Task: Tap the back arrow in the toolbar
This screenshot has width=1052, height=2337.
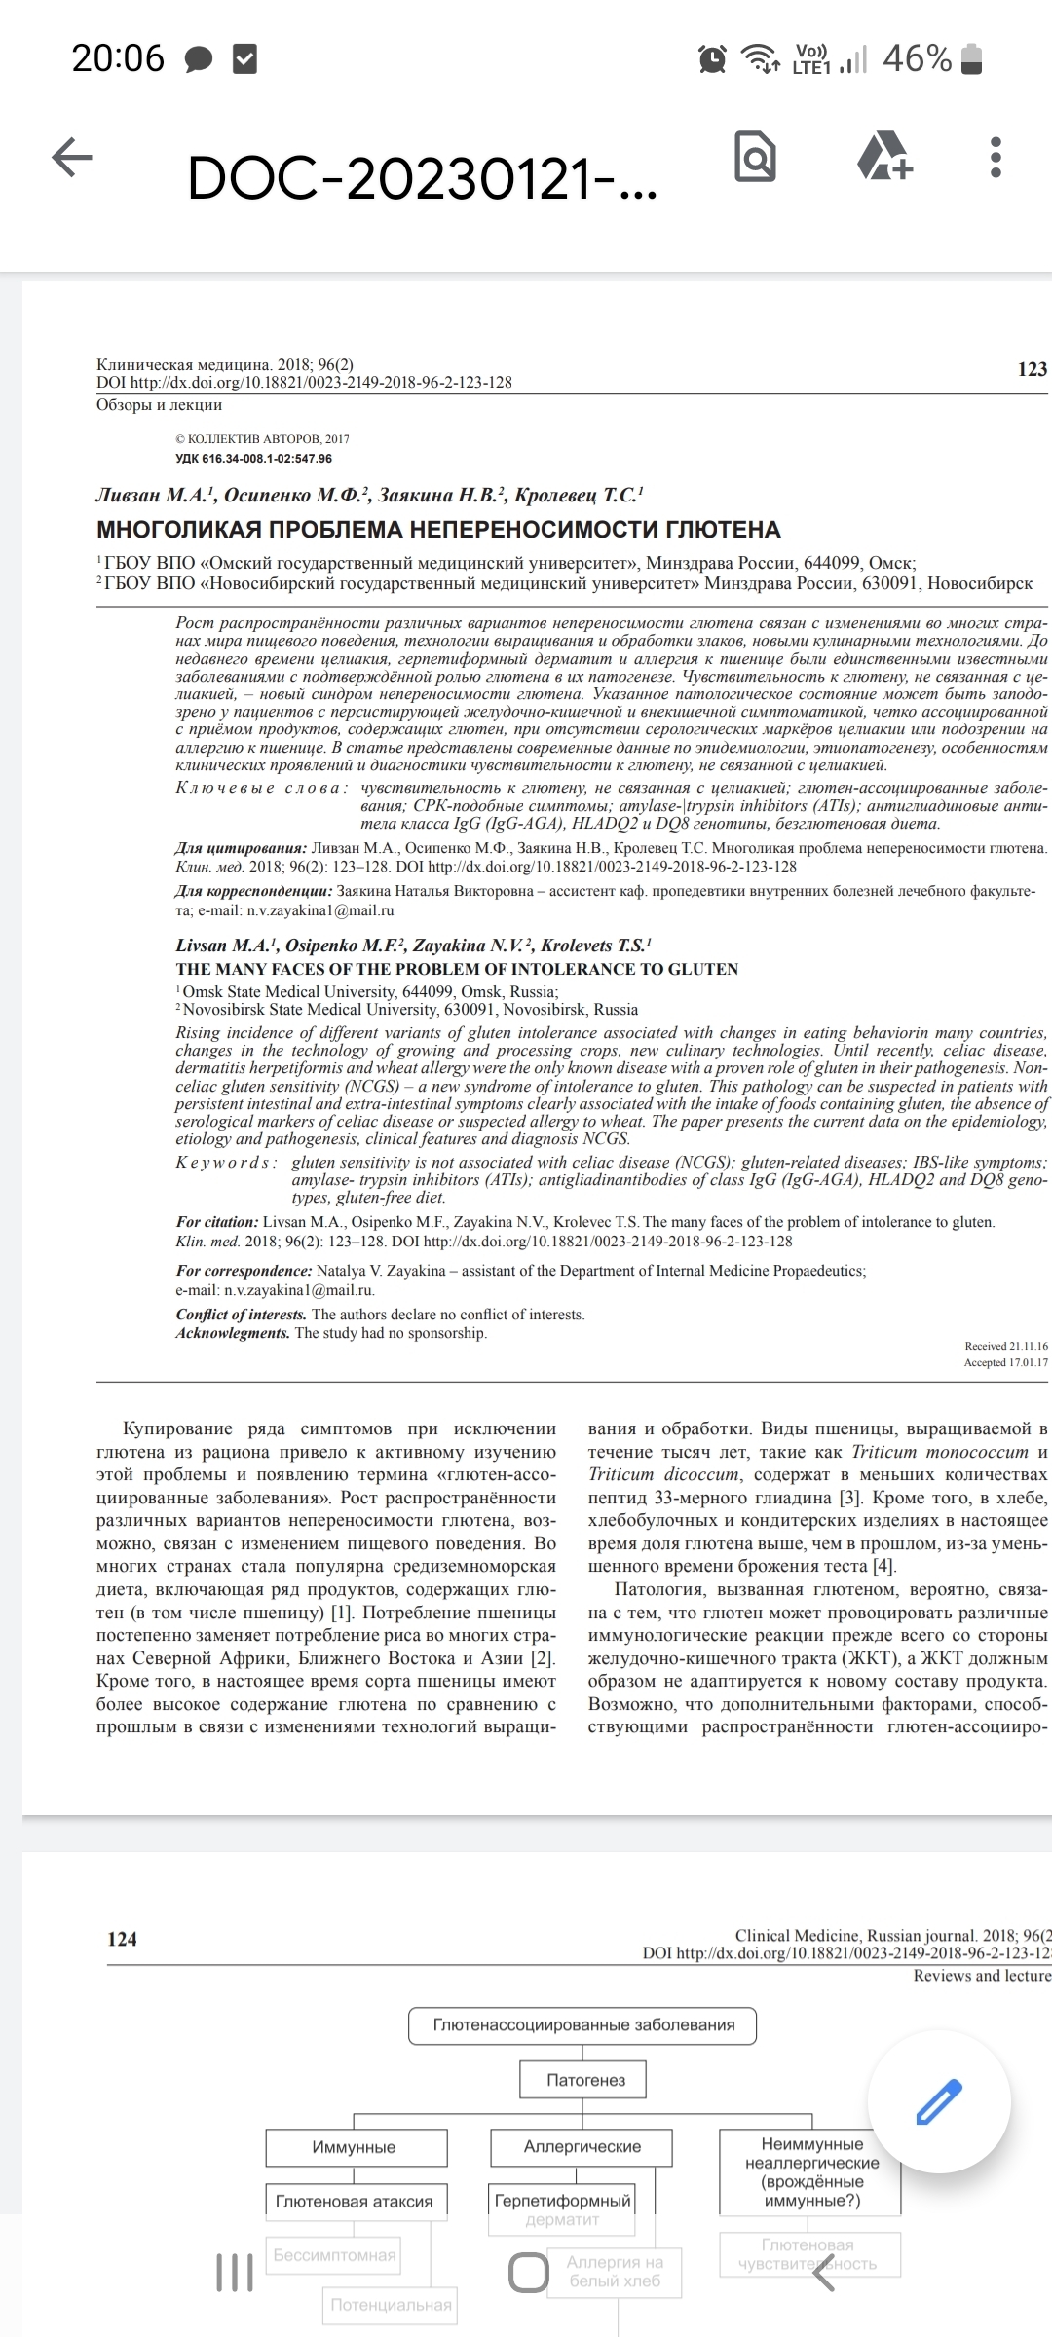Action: coord(72,158)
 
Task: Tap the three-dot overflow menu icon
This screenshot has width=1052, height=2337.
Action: coord(995,157)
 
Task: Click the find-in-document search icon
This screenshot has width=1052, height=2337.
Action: coord(755,156)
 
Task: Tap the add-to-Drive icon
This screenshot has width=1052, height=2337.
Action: coord(884,157)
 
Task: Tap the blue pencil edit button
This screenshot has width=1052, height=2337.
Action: coord(940,2101)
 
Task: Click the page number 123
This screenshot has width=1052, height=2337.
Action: coord(1032,369)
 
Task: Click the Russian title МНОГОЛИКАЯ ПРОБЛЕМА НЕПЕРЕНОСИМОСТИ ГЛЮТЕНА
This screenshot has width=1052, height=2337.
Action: coord(438,530)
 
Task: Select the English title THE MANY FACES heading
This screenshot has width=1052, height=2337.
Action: coord(457,969)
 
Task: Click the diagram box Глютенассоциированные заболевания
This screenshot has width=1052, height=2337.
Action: coord(583,2025)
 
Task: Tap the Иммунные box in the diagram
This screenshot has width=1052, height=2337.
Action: coord(355,2147)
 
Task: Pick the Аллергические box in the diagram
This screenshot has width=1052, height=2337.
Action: coord(582,2146)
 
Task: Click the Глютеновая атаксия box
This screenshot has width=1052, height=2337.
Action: coord(355,2202)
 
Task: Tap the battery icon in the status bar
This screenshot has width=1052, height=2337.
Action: coord(971,60)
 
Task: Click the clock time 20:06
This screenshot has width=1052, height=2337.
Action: coord(118,59)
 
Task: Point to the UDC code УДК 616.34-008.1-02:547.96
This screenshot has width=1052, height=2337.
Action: coord(253,459)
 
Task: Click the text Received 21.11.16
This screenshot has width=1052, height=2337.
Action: coord(1005,1346)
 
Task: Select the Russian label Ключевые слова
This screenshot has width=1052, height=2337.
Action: coord(261,788)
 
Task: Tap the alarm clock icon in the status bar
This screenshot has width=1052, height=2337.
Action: coord(713,60)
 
